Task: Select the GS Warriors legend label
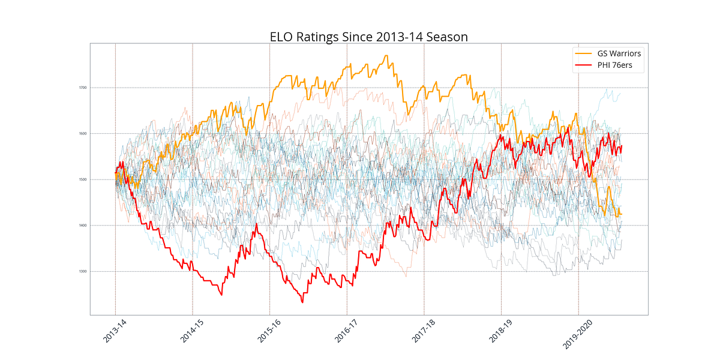(619, 53)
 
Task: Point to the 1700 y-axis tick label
(83, 88)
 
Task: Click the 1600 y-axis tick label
(83, 134)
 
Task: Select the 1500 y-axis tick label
(83, 179)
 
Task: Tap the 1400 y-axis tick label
(83, 226)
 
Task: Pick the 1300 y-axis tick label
(83, 272)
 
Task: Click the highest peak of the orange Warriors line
(386, 56)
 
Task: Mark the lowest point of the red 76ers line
(302, 302)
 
